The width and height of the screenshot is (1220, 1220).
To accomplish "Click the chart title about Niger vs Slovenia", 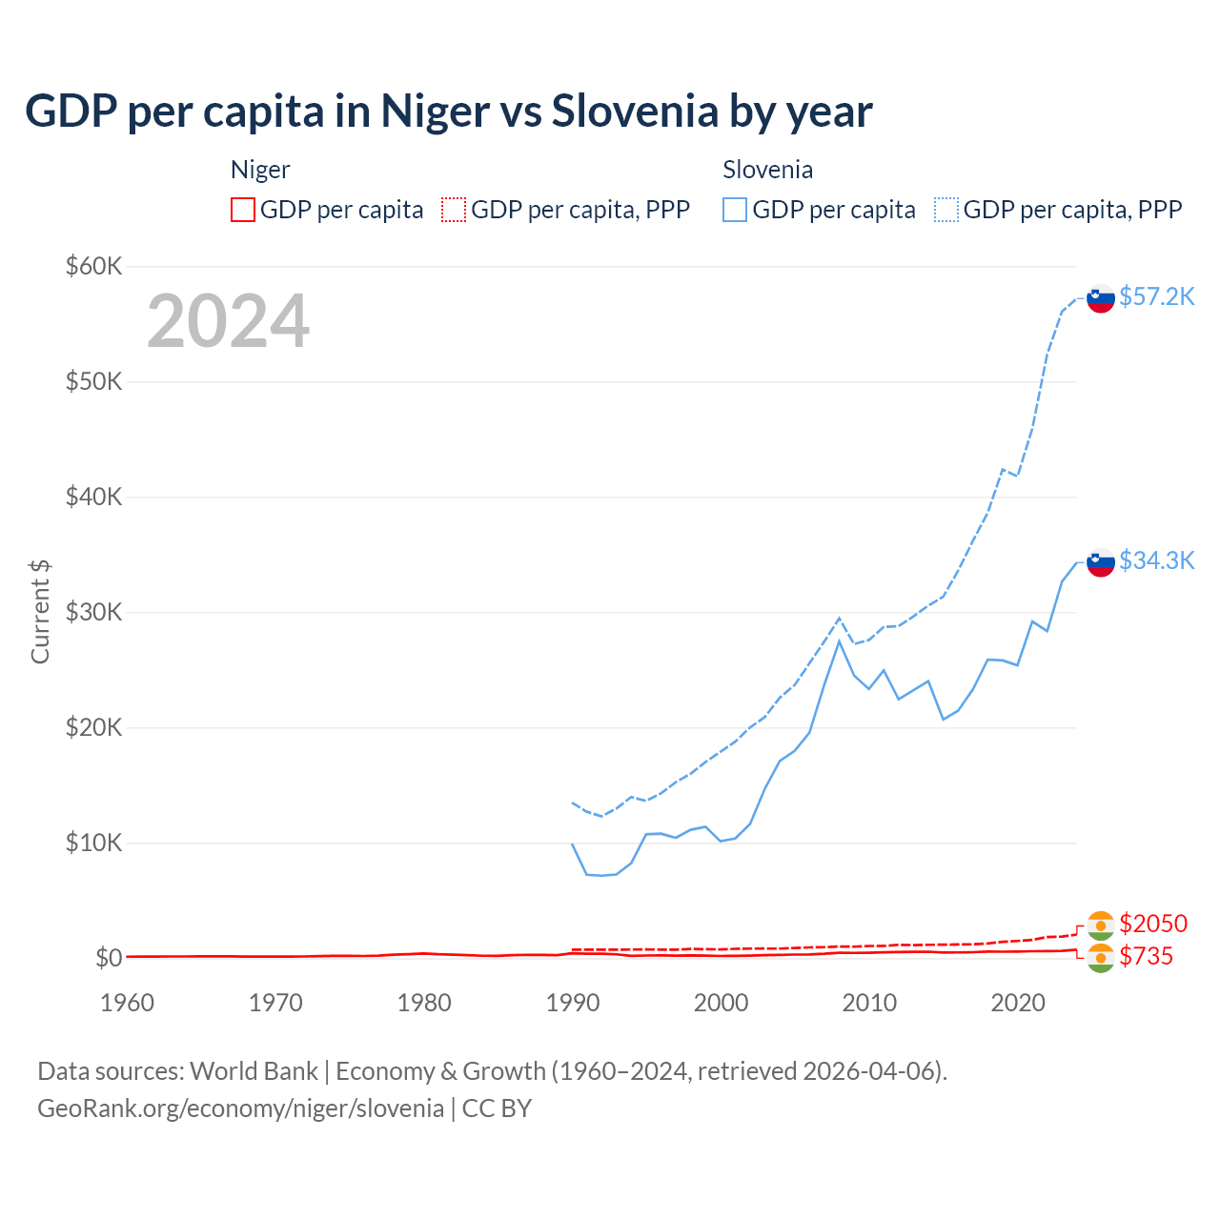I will coord(448,111).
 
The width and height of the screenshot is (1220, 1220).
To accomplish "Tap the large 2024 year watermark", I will coord(228,321).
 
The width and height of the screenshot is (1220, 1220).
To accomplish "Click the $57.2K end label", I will coord(1156,296).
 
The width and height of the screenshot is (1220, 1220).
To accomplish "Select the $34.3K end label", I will coord(1156,560).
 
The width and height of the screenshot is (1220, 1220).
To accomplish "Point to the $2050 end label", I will coord(1153,924).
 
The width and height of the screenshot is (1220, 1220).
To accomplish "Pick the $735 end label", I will coord(1146,956).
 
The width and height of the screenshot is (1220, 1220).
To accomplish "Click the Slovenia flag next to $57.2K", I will coord(1101,298).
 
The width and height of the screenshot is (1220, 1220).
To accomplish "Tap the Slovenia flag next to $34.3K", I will coord(1101,562).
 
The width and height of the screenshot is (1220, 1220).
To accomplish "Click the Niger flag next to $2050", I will coord(1101,925).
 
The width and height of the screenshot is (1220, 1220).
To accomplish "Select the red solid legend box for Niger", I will coord(243,210).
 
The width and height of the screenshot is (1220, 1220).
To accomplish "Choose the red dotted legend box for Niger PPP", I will coord(454,210).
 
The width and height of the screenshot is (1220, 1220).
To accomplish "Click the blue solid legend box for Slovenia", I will coord(735,210).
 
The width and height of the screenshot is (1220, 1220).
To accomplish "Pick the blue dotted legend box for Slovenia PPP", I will coord(946,210).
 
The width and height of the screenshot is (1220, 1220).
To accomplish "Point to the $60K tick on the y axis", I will coord(93,266).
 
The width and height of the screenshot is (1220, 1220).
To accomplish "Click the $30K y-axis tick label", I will coord(93,612).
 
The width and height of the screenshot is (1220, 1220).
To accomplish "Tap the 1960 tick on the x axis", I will coord(127,1003).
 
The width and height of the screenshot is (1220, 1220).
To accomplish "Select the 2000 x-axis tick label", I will coord(721,1003).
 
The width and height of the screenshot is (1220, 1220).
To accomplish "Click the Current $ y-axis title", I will coord(40,612).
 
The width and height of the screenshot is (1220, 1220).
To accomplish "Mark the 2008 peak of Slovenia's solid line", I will coord(839,640).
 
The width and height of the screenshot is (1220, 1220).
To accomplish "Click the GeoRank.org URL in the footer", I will coord(240,1108).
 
